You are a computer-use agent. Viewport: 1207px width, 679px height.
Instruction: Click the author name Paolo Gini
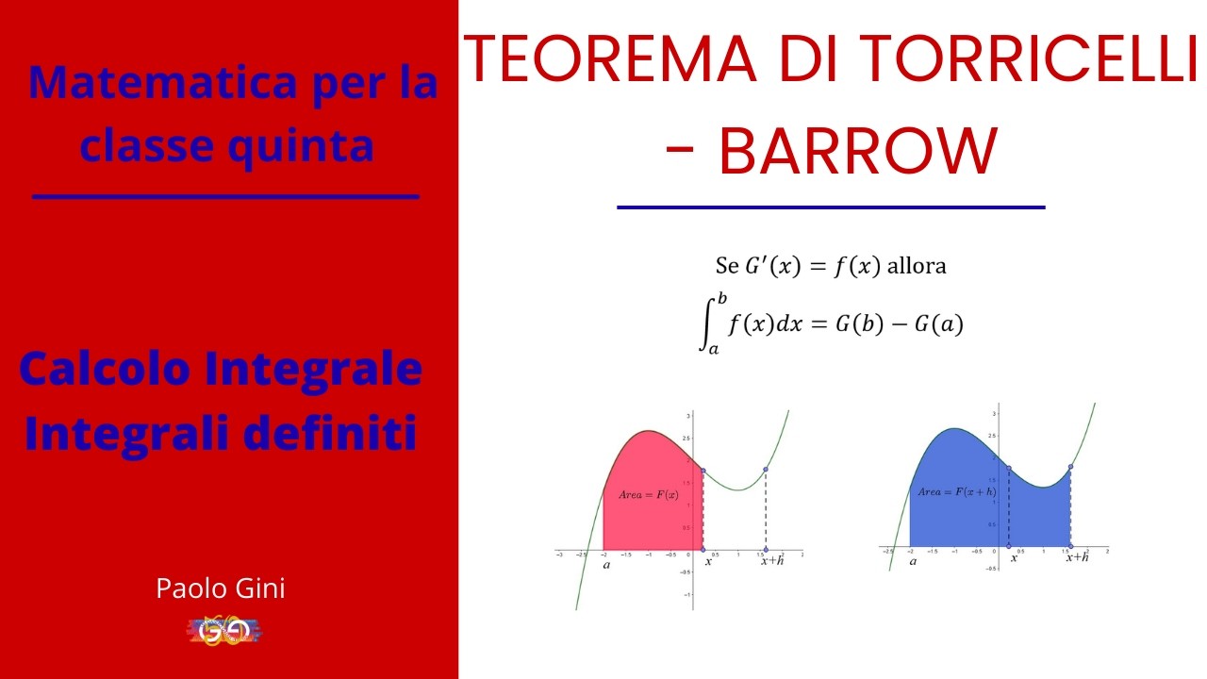[221, 589]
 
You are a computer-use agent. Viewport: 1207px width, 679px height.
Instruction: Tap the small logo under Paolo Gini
[223, 630]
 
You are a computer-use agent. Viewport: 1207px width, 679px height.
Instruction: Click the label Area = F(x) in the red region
[649, 495]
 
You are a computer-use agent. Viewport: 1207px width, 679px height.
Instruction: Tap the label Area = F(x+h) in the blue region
[957, 491]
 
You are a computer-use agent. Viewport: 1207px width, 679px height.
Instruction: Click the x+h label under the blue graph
[1077, 557]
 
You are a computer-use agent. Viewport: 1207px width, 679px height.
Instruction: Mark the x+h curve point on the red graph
[766, 470]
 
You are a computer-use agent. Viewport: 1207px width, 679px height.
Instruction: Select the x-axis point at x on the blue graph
[1010, 547]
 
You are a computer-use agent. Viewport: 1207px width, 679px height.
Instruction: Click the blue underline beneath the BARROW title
[831, 207]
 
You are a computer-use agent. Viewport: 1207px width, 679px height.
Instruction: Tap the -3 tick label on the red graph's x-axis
[560, 556]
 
